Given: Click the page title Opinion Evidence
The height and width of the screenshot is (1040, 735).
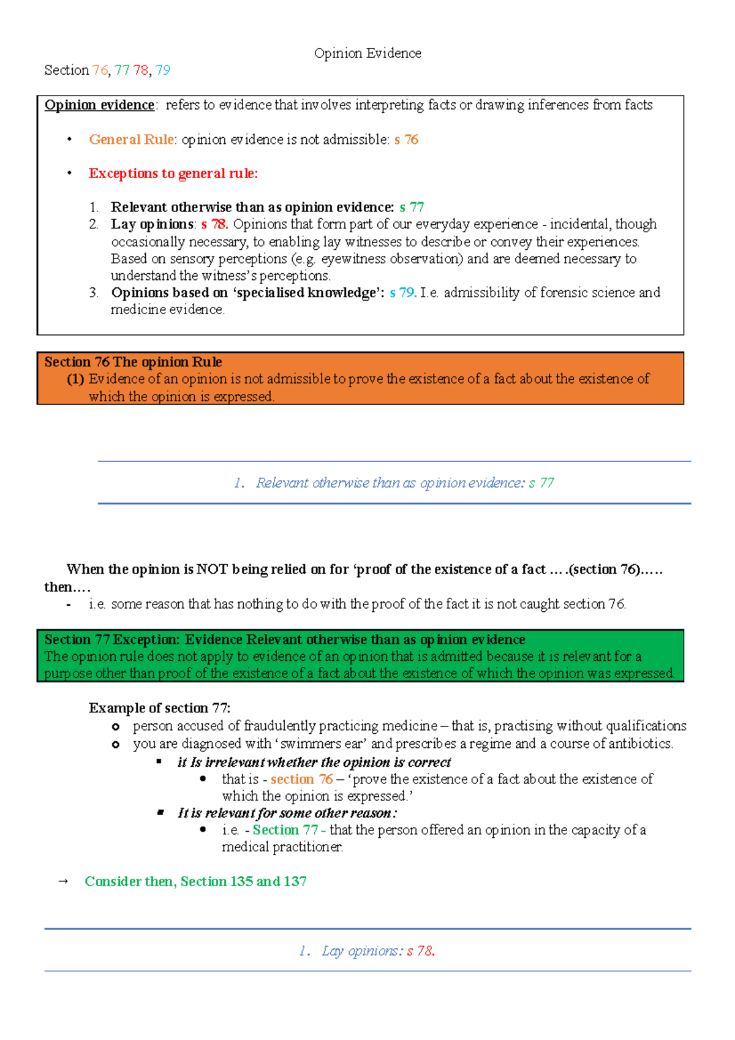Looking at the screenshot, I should click(367, 53).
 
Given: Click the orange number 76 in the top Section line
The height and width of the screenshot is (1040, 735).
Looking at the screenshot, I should click(100, 70).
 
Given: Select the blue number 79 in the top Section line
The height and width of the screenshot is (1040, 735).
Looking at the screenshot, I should click(163, 70).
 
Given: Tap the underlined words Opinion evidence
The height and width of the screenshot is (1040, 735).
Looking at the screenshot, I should click(99, 105).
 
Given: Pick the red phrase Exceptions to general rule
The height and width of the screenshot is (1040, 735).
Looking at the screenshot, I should click(173, 173).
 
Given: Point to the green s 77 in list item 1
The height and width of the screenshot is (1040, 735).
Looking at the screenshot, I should click(412, 207).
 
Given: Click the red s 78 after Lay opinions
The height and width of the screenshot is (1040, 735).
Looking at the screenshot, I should click(214, 224).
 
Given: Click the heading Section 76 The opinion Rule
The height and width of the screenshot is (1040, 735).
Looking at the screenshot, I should click(133, 362).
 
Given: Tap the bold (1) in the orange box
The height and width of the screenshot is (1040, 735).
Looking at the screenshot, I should click(75, 379).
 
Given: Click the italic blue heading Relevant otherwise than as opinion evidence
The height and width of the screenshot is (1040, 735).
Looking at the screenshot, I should click(390, 483).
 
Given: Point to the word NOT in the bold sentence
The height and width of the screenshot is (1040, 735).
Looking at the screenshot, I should click(212, 570).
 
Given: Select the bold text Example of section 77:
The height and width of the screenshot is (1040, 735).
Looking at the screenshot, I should click(159, 708).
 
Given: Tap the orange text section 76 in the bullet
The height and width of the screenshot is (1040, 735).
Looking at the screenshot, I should click(301, 779).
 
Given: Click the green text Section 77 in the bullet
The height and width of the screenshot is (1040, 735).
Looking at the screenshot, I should click(285, 830).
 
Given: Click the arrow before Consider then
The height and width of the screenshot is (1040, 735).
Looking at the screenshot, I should click(62, 882).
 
